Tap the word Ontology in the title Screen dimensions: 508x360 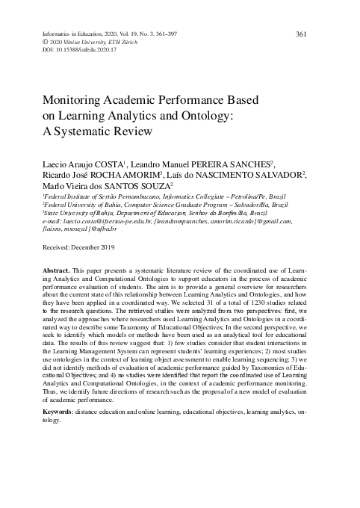click(x=204, y=117)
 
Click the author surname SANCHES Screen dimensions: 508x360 click(x=246, y=164)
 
